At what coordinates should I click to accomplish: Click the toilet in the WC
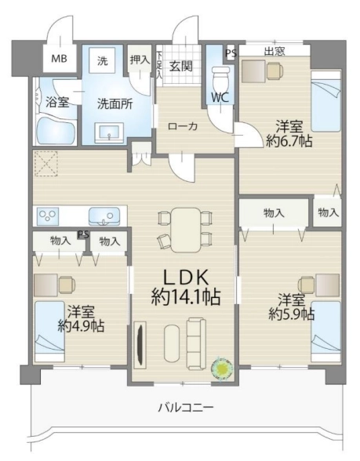tap(220, 78)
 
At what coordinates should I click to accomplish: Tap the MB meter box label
tap(59, 59)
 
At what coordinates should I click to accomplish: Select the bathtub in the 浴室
tap(56, 131)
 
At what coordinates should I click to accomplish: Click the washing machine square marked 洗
tap(102, 61)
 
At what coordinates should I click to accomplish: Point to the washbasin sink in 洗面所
tap(110, 133)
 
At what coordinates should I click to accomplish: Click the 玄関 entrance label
tap(181, 67)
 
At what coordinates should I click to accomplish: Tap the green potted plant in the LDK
tap(223, 368)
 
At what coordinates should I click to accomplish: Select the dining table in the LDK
tap(185, 230)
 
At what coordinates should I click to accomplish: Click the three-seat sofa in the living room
tap(197, 343)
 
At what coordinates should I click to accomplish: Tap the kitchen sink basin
tap(104, 216)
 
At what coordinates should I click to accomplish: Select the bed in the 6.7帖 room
tap(326, 101)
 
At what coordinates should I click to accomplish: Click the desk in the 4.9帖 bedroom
tap(45, 285)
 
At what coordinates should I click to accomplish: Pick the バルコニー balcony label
tap(186, 408)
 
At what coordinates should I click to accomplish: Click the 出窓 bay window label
tap(275, 52)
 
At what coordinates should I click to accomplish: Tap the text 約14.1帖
tap(186, 296)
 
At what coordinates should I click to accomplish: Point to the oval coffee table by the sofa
tap(172, 343)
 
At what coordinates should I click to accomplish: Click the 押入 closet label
tap(140, 60)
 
